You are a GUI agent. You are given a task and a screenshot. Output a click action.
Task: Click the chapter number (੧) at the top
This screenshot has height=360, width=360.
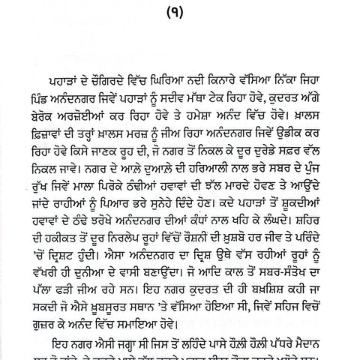180,13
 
